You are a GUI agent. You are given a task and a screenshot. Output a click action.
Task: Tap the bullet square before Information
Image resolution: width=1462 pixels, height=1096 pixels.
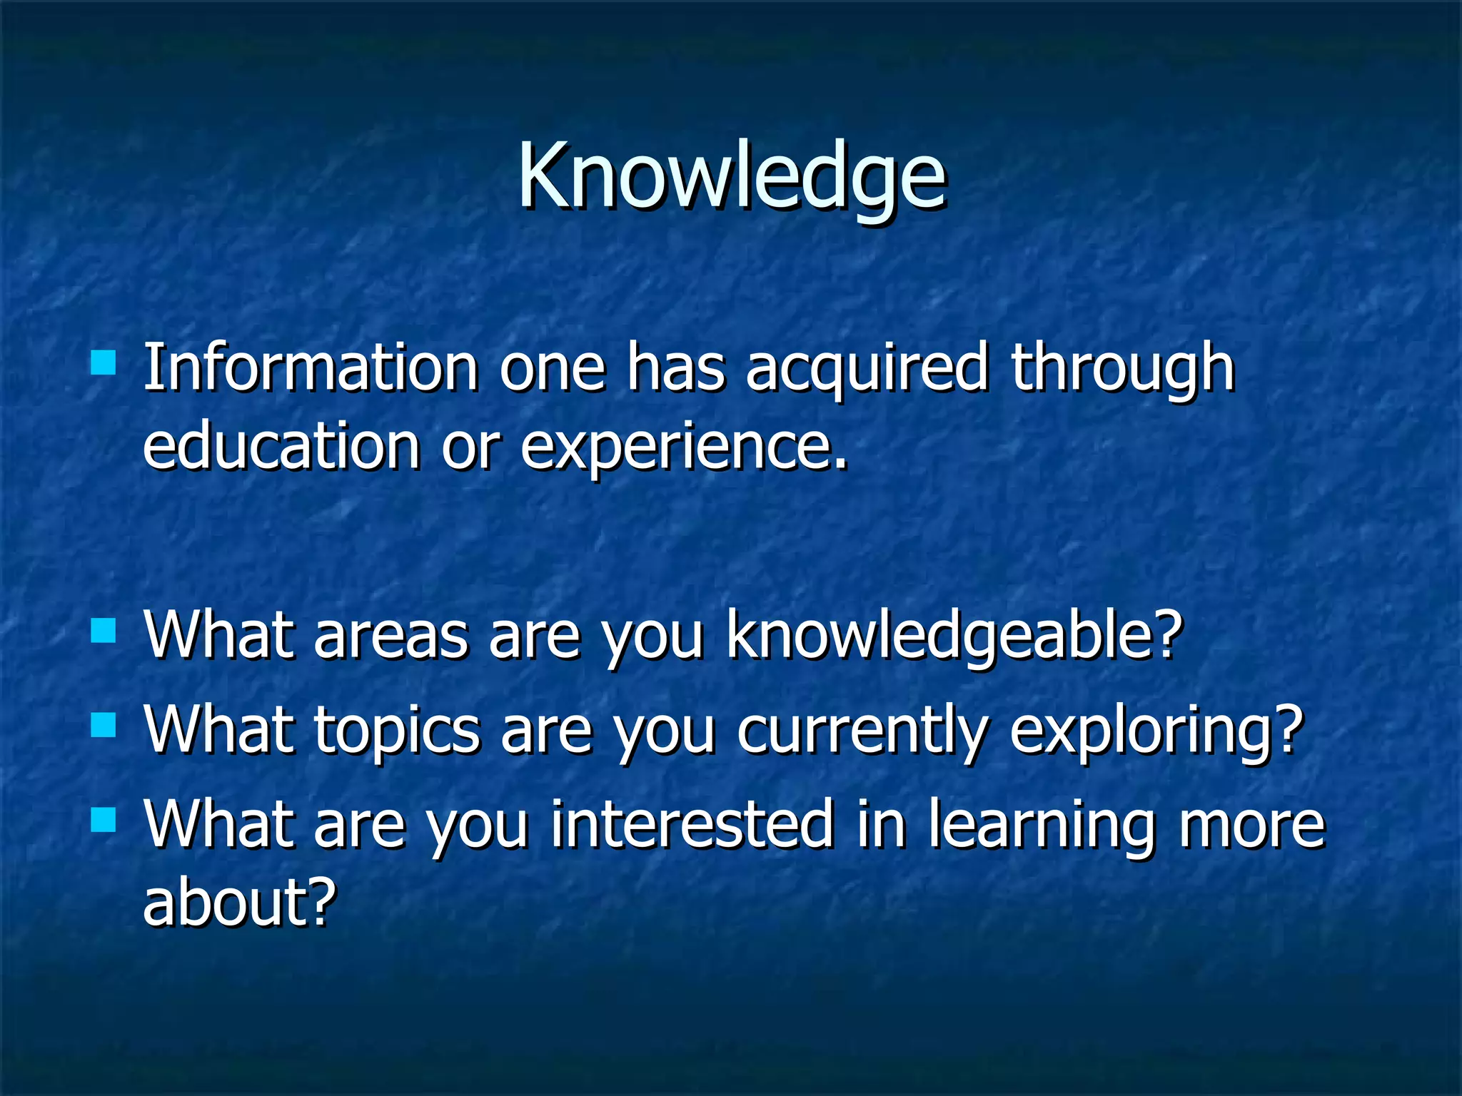pos(104,363)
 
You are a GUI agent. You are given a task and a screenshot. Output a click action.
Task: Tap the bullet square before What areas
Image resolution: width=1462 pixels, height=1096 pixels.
pos(104,631)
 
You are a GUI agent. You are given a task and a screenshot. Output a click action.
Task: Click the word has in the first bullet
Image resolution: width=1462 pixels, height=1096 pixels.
pos(675,369)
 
